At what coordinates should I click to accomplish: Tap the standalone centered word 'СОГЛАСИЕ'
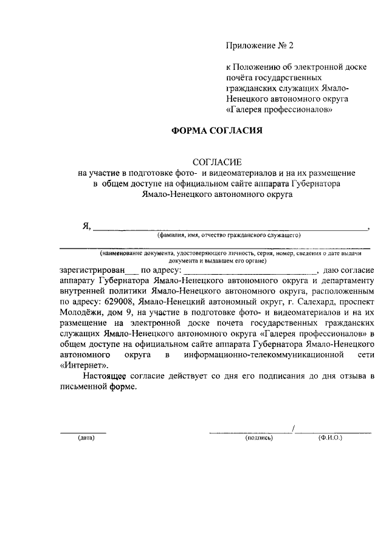click(x=217, y=162)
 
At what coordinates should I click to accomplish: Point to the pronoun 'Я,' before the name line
click(x=86, y=226)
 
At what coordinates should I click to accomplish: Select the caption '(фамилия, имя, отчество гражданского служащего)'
click(x=229, y=235)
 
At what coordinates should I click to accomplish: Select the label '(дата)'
click(x=81, y=438)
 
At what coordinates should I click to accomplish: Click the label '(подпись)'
click(x=259, y=438)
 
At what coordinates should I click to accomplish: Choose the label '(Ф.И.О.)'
click(x=330, y=438)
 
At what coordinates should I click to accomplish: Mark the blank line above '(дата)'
click(x=83, y=431)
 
